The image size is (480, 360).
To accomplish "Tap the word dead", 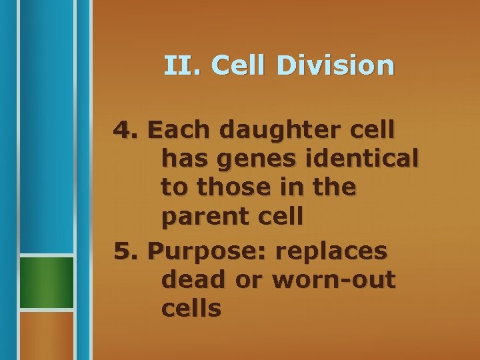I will click(192, 280).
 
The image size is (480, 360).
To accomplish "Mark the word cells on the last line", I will click(191, 309).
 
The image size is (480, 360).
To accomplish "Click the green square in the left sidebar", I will click(46, 282).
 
